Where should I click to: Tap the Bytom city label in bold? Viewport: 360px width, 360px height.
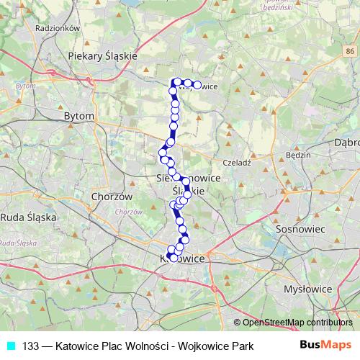click(x=79, y=115)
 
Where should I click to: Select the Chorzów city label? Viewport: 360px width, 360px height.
click(x=109, y=196)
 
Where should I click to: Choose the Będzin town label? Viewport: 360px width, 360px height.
click(x=297, y=155)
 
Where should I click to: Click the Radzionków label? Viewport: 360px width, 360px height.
click(x=35, y=28)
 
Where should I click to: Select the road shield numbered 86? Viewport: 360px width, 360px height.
click(x=349, y=52)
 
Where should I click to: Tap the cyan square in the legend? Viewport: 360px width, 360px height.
click(x=9, y=346)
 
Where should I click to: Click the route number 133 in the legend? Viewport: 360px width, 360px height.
click(x=30, y=346)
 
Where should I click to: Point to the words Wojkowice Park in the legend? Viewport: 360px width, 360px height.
click(x=220, y=346)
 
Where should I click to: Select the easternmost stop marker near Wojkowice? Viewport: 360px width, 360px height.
click(x=197, y=85)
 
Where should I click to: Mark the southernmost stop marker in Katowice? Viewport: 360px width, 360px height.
click(x=174, y=257)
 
